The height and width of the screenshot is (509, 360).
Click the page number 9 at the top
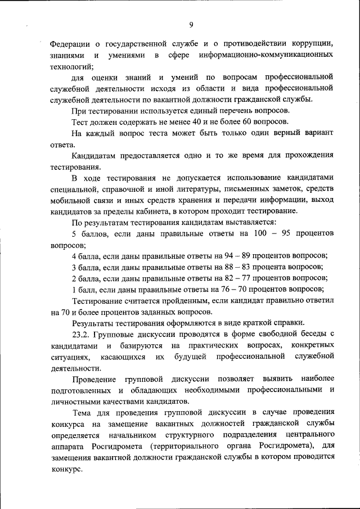191,25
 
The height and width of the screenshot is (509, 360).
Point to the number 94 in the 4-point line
223,255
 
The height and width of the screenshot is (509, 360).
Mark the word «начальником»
123,435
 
